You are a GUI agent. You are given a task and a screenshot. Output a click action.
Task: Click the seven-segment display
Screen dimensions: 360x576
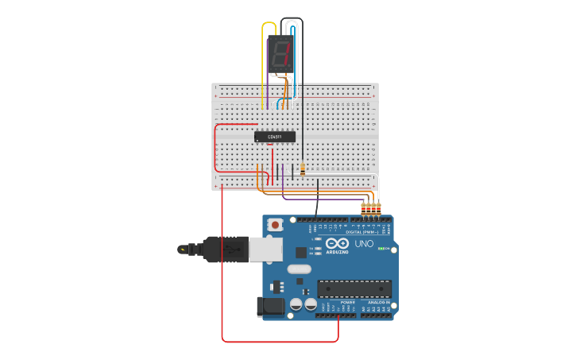coord(280,54)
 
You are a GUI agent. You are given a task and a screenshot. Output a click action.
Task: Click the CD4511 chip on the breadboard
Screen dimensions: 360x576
coord(275,137)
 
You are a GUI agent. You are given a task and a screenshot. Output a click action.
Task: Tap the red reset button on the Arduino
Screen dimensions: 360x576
coord(276,225)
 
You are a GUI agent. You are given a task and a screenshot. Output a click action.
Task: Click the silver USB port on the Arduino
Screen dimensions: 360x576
coord(265,250)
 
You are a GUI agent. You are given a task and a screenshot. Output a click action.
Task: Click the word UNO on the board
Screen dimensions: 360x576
coord(364,244)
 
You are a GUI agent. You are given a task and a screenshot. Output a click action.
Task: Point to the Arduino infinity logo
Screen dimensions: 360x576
coord(338,243)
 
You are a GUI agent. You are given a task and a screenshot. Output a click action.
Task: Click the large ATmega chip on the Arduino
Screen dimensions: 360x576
coord(354,288)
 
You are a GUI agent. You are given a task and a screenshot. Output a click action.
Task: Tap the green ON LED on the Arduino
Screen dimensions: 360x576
coord(381,249)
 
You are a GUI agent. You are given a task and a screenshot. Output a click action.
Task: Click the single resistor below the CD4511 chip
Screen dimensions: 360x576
coord(303,168)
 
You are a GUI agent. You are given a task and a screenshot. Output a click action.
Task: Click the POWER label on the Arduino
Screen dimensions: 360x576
coord(348,303)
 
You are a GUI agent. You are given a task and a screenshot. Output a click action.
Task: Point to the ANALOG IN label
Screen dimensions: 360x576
coord(378,303)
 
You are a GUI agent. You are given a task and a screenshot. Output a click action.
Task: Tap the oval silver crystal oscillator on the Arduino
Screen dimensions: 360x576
coord(299,269)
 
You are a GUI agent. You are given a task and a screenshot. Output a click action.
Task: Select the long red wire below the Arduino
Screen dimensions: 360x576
coord(278,342)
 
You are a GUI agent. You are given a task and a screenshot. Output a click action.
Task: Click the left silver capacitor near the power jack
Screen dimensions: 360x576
coord(296,304)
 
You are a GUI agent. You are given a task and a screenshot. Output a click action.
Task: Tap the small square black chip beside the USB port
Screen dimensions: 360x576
coord(301,253)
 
